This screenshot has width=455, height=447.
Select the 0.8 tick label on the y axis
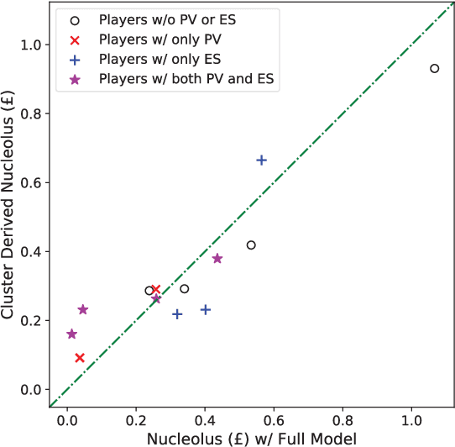(30, 113)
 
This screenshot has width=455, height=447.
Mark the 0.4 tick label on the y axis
(30, 251)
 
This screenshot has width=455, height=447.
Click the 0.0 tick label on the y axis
(30, 389)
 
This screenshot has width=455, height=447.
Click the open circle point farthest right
(434, 68)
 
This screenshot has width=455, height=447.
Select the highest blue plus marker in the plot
(261, 160)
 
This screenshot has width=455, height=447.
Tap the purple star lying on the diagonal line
(156, 299)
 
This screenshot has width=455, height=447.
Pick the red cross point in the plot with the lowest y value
(79, 358)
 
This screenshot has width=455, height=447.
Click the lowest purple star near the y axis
(71, 334)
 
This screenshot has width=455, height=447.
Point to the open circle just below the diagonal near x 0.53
(251, 245)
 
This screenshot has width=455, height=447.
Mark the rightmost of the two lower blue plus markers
(205, 309)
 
